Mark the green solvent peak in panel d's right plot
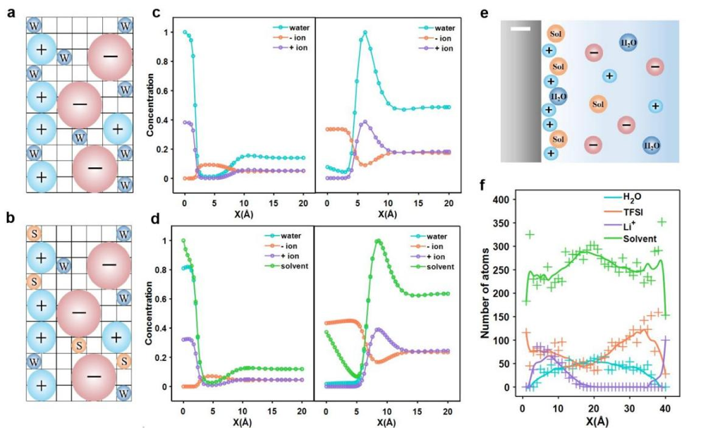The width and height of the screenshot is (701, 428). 379,240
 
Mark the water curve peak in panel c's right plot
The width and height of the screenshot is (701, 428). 365,32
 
